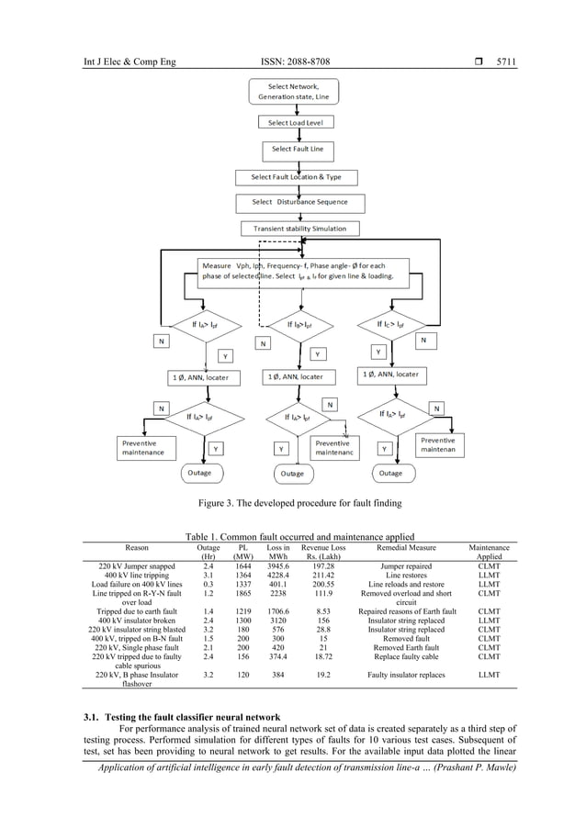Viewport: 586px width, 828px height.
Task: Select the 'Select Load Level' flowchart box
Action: (x=295, y=122)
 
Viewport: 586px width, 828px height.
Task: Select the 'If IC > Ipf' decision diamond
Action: (x=397, y=324)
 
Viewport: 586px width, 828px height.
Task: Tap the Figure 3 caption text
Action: (x=294, y=503)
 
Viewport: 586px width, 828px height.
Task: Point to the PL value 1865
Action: (x=242, y=594)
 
